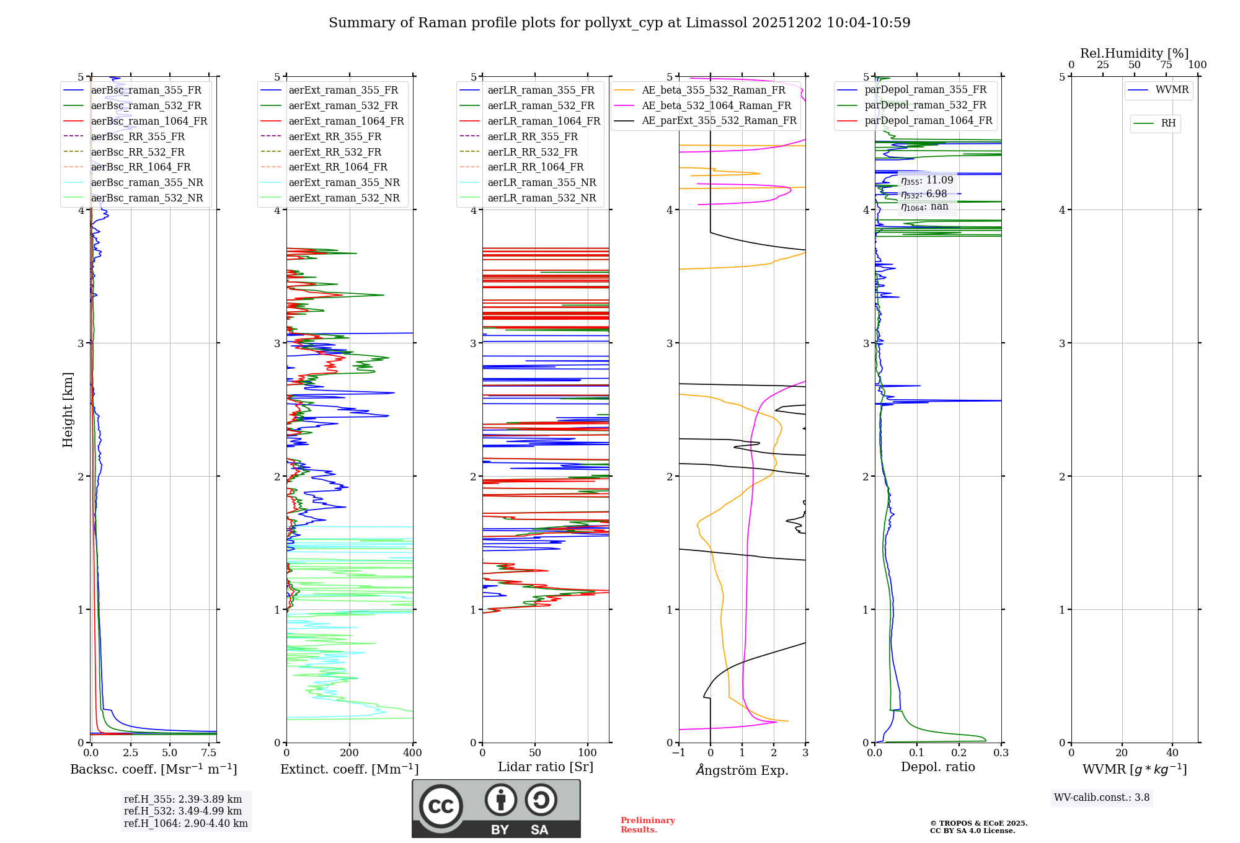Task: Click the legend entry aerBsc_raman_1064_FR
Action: pos(149,121)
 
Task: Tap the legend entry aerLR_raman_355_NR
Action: pos(541,182)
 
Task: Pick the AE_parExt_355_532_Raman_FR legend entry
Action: pos(719,120)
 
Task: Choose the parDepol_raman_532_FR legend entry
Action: pos(925,105)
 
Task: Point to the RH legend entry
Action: pos(1168,123)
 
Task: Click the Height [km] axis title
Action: pos(68,410)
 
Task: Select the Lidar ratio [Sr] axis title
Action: pos(546,767)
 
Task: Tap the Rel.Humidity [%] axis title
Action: pos(1134,53)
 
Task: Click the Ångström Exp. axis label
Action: pos(742,770)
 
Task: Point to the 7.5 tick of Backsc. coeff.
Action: pos(209,753)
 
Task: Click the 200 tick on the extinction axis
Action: pos(350,753)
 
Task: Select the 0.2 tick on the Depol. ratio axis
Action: pos(959,753)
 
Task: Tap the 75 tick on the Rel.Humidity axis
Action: pos(1166,64)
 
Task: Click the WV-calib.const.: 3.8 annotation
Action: pos(1102,798)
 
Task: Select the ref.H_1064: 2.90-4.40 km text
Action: pos(185,823)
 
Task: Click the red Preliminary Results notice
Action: pos(647,825)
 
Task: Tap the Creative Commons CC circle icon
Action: pos(441,806)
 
